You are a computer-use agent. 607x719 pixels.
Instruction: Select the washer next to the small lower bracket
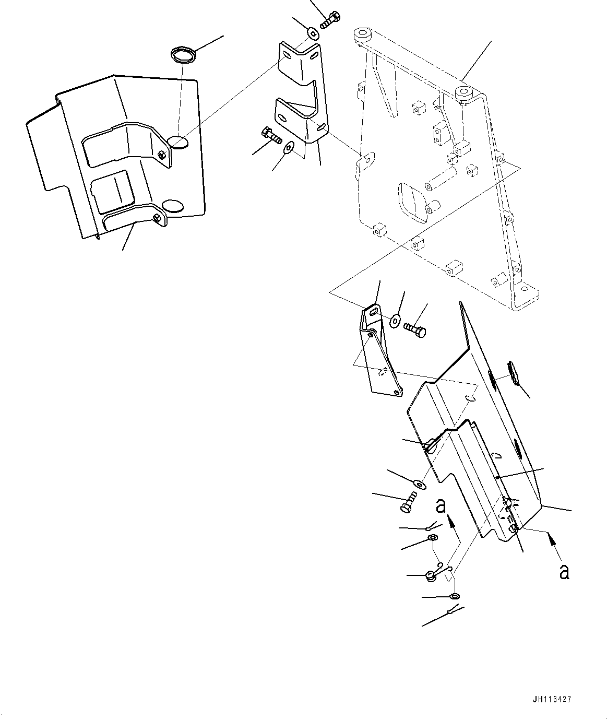click(395, 319)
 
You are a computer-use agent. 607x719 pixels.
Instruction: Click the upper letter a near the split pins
click(441, 506)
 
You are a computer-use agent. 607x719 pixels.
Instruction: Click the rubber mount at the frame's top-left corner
click(361, 35)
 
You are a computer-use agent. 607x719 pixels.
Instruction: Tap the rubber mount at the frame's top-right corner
click(463, 93)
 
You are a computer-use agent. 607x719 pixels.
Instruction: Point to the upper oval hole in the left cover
click(178, 142)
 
